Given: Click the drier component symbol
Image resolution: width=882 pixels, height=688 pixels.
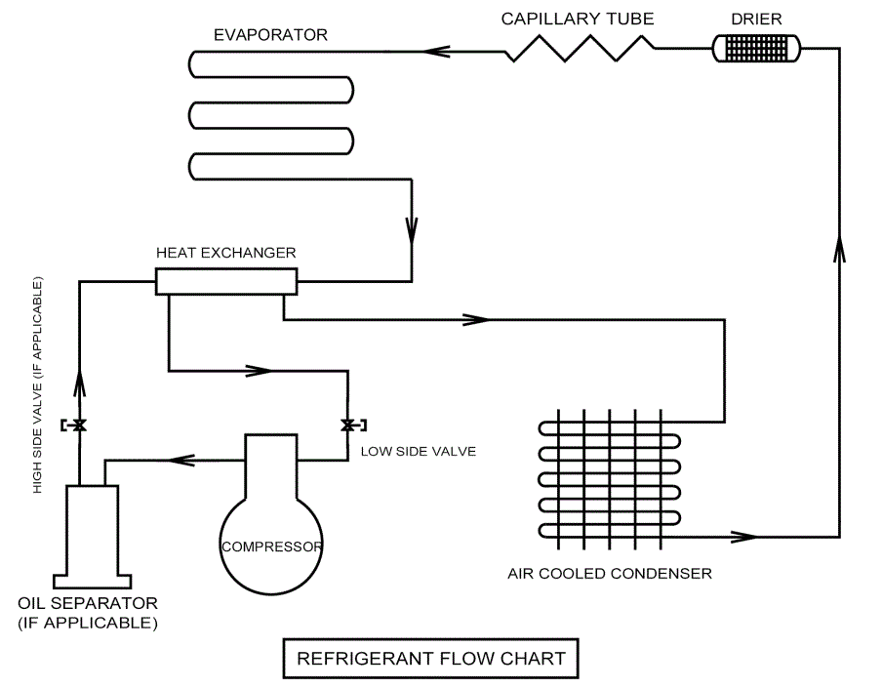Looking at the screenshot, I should coord(755,46).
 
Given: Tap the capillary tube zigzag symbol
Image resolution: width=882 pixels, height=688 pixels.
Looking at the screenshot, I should coord(581,47).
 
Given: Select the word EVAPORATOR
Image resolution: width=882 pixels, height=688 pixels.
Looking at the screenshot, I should coord(270,35).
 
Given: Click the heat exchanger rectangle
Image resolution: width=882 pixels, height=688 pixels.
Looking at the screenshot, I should coord(225,282).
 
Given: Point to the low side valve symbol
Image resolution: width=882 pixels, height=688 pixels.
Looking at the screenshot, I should coord(347,425).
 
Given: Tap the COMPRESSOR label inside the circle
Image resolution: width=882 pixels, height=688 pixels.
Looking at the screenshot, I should coord(271,546).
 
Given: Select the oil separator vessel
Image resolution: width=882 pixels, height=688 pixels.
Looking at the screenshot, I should coord(92,527).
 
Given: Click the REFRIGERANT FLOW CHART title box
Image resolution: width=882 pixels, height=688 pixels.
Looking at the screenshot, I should coord(429,658).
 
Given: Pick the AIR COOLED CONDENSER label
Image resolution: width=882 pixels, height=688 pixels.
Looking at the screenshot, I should coord(609,573).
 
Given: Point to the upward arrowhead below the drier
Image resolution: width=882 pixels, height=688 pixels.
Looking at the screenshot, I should coord(839,250).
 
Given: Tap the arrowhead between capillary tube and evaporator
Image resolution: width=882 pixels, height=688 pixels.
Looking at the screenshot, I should coord(435,47).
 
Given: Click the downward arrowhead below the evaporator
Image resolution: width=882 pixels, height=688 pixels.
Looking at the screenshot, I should coord(411,230).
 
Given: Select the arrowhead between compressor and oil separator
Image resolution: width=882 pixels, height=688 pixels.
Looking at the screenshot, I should coord(180,458).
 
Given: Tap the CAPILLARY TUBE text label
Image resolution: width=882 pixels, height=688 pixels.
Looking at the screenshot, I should coord(578,18).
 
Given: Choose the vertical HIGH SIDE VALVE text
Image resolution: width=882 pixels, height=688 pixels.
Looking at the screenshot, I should coord(38,385).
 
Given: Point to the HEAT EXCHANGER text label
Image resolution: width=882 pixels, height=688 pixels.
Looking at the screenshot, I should coord(226,252).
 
